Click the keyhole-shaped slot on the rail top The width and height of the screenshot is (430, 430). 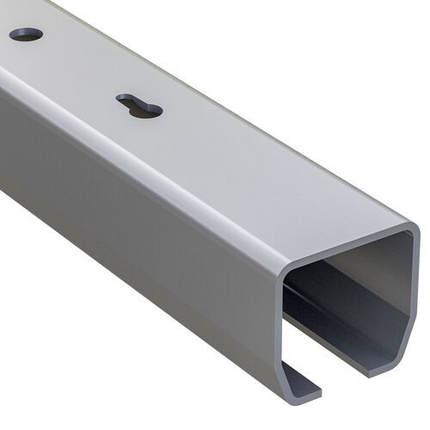click(x=139, y=107)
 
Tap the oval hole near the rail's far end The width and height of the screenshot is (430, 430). click(x=26, y=34)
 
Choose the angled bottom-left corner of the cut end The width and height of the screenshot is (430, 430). click(x=288, y=361)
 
